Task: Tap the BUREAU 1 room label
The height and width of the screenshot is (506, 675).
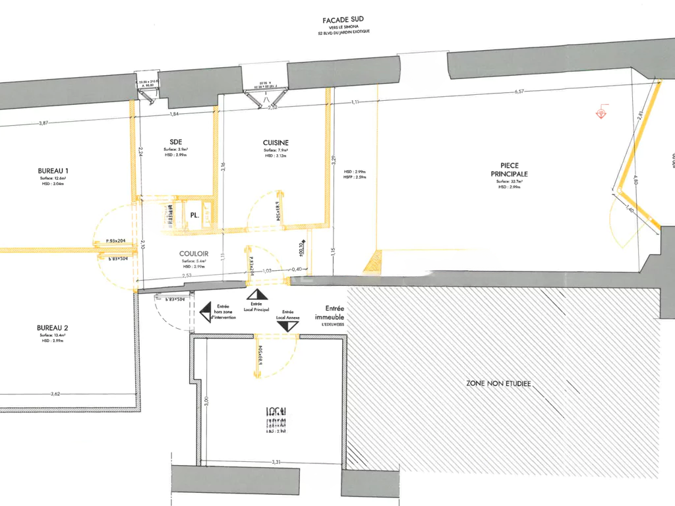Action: tap(53, 171)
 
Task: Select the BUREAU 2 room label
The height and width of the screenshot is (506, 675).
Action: tap(53, 327)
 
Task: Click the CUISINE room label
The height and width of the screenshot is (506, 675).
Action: tap(276, 142)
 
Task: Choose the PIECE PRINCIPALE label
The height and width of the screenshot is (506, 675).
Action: tap(510, 170)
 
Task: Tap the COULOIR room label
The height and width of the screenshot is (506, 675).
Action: tap(194, 253)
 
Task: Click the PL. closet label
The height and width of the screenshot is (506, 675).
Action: tap(195, 215)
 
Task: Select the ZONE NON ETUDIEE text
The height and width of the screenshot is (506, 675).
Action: tap(499, 383)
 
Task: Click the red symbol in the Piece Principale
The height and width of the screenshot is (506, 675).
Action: tap(601, 113)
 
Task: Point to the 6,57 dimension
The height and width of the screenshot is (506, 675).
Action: tap(519, 92)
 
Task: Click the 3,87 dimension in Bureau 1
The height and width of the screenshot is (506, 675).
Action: tap(44, 123)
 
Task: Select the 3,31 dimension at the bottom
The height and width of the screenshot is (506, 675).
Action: tap(276, 463)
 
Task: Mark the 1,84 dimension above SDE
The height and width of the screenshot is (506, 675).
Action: tap(175, 114)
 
